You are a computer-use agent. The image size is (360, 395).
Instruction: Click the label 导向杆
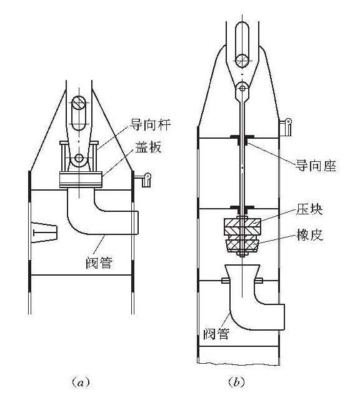click(150, 124)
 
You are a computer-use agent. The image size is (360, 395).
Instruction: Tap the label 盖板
click(148, 147)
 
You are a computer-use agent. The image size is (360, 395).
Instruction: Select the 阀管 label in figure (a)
click(99, 263)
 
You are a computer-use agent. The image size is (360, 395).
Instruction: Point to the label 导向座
click(316, 166)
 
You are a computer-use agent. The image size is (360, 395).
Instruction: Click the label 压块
click(309, 209)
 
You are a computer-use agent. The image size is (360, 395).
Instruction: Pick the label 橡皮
click(309, 235)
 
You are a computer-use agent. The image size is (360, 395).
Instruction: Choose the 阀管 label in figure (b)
click(217, 334)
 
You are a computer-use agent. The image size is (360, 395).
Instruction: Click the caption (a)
click(81, 382)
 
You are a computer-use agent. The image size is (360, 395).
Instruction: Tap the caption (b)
click(236, 382)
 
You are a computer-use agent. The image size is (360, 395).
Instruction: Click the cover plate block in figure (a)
click(81, 179)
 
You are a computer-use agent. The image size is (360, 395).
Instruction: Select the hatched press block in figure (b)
click(242, 227)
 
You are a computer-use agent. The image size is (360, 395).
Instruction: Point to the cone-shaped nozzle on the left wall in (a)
click(44, 232)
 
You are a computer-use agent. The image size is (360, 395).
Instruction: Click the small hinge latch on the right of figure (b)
click(286, 127)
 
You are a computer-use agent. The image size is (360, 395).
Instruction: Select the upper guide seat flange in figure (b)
click(242, 137)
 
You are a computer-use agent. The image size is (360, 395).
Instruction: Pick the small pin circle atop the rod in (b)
click(242, 88)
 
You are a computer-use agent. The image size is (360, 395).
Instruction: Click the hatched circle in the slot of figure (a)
click(79, 103)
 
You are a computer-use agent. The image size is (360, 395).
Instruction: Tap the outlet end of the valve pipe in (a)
click(135, 222)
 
